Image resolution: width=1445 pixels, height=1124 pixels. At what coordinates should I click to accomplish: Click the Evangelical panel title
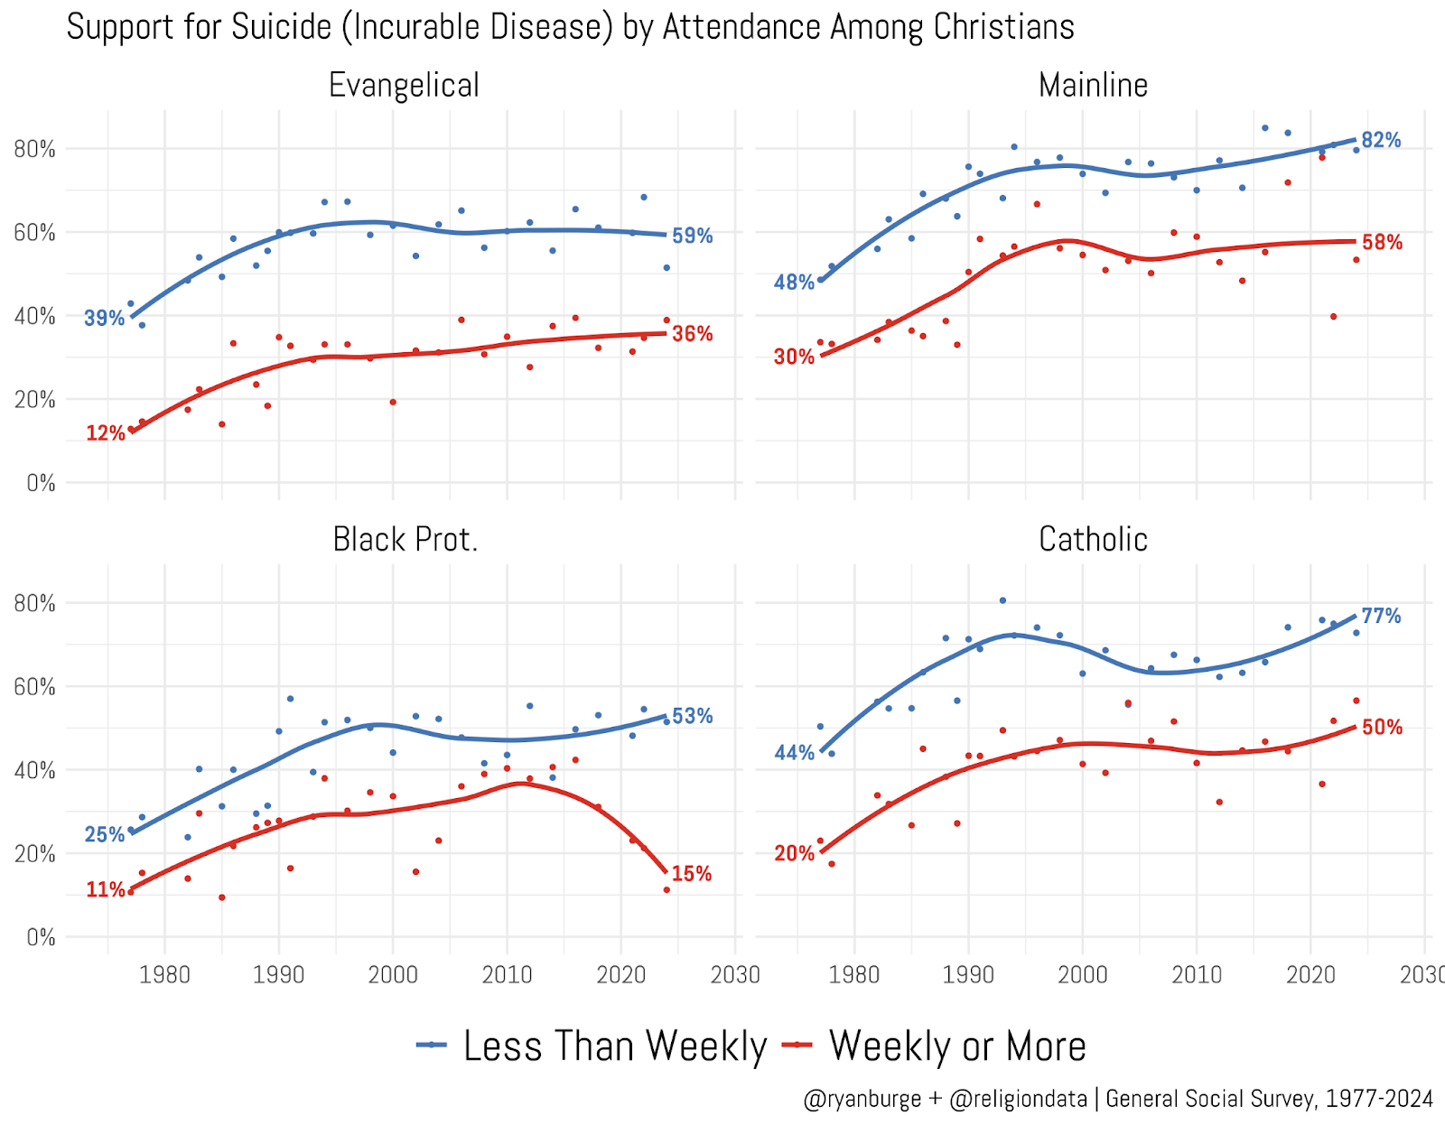coord(404,86)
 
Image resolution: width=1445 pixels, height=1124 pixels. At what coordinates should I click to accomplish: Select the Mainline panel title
coord(1093,86)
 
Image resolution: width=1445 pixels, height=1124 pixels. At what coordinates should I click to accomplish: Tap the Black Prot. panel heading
coord(405,540)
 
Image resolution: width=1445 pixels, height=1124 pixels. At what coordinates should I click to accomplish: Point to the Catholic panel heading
coord(1093,540)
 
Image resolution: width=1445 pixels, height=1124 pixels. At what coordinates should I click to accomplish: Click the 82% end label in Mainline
coord(1381,140)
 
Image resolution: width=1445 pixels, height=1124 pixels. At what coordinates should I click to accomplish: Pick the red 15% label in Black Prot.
coord(691,874)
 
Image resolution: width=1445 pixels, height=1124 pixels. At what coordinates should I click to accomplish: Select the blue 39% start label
coord(104,318)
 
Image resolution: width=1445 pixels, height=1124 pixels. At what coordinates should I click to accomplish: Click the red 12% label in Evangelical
coord(105,433)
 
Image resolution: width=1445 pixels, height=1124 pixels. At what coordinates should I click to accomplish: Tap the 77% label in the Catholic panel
coord(1381,616)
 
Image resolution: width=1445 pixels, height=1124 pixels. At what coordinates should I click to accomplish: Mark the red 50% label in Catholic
coord(1382,728)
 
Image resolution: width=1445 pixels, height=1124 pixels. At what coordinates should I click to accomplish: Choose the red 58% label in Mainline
coord(1382,242)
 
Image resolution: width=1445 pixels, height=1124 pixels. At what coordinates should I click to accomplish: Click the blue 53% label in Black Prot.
coord(692,716)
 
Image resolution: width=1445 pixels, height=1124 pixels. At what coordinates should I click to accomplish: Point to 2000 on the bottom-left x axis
coord(393,975)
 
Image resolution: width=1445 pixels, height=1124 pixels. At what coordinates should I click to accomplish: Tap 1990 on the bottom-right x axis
coord(968,975)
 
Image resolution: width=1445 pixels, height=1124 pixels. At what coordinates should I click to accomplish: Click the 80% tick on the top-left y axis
coord(34,149)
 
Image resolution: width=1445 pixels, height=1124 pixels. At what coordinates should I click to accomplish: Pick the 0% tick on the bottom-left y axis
coord(41,938)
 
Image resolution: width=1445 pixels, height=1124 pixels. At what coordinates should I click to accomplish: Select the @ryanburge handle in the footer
coord(862,1099)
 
